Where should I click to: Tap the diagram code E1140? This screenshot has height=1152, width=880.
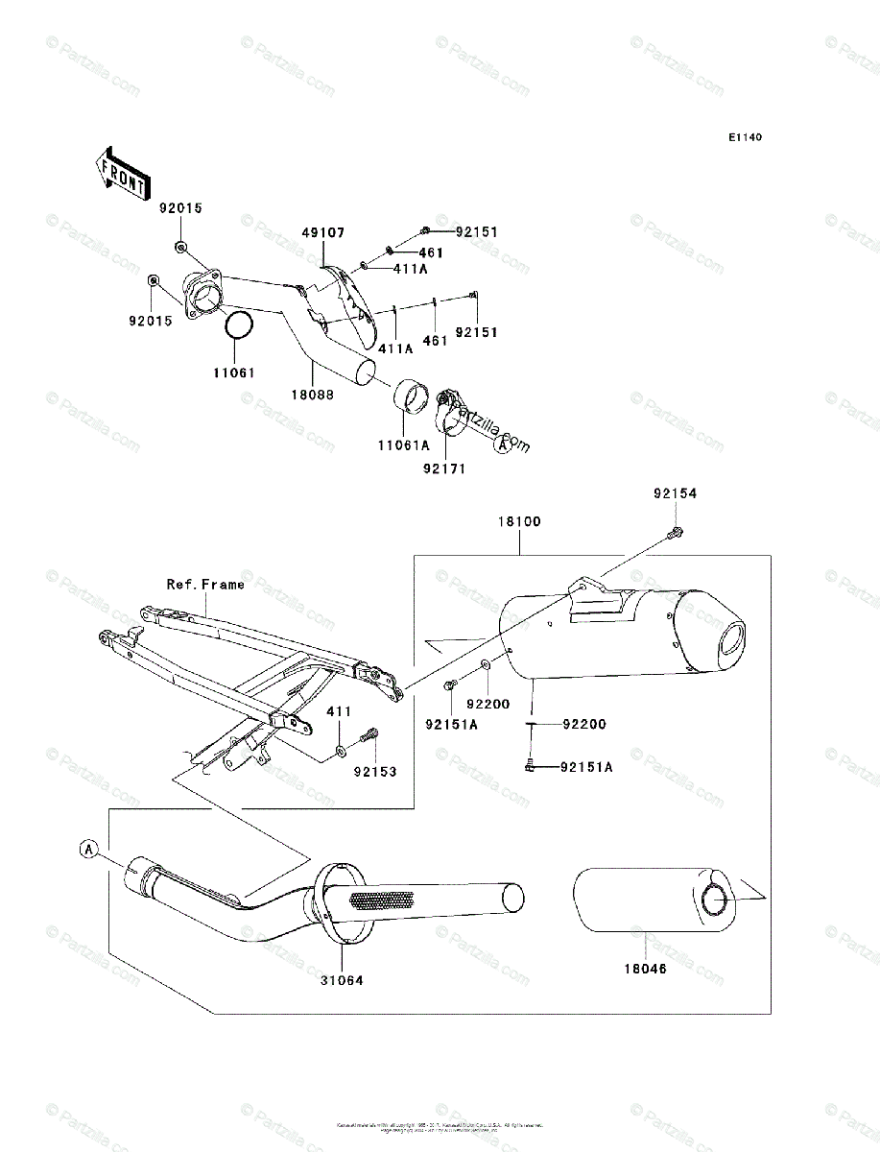(x=744, y=137)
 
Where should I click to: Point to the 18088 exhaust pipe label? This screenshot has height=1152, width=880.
(x=315, y=394)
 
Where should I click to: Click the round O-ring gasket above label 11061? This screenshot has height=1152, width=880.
(x=239, y=326)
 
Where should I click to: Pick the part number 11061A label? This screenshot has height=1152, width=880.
(x=403, y=445)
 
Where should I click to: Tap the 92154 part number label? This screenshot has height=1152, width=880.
(x=676, y=493)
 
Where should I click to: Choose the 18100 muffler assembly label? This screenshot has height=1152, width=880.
(x=519, y=521)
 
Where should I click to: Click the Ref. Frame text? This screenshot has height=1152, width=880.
(x=205, y=584)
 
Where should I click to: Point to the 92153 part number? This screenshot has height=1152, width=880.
(x=375, y=771)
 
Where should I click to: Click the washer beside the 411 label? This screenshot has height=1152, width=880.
(x=344, y=747)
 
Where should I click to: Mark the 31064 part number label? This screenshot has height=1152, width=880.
(x=343, y=980)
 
